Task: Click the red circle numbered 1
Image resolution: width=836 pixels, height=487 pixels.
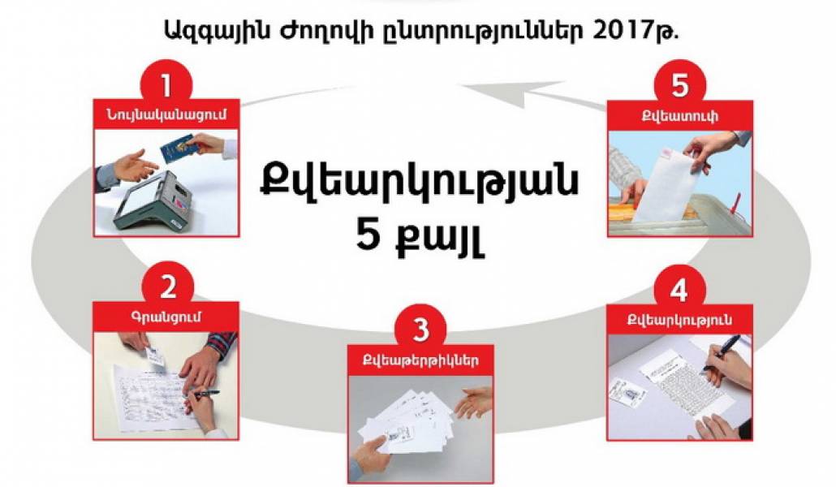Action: tap(166, 84)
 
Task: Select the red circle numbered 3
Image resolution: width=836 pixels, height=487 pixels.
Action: tap(421, 330)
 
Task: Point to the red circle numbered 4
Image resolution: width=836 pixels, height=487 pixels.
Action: tap(679, 290)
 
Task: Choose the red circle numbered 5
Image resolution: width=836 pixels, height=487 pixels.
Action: tap(680, 84)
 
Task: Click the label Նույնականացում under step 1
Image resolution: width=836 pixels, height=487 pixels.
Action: tap(166, 114)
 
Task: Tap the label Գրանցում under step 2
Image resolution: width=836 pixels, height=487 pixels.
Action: tap(166, 317)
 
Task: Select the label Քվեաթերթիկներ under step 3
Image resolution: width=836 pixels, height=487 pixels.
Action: tap(420, 360)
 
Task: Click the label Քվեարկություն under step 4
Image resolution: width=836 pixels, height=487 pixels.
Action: tap(679, 320)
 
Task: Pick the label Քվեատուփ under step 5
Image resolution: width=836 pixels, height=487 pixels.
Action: tap(680, 116)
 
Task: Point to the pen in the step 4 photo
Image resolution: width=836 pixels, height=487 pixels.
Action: tap(722, 352)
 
